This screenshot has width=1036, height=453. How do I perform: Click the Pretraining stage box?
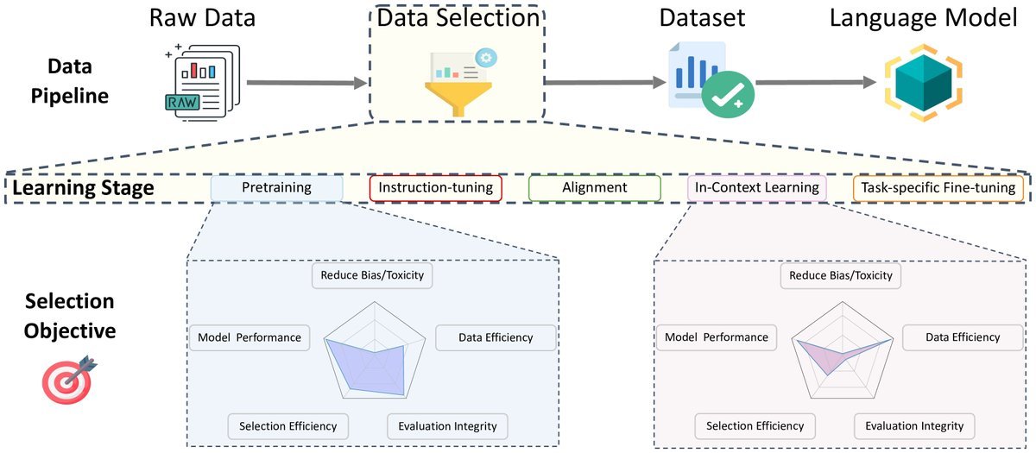tap(276, 188)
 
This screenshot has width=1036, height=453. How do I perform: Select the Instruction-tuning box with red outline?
tap(436, 188)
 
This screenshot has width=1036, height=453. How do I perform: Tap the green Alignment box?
tap(595, 188)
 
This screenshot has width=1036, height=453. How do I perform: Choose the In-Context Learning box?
tap(756, 188)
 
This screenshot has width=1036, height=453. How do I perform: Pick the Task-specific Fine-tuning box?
tap(938, 189)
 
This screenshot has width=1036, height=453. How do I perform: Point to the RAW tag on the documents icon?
tap(182, 102)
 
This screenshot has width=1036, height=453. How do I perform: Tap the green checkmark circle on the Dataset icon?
tap(728, 94)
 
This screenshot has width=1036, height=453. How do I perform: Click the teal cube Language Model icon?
tap(924, 83)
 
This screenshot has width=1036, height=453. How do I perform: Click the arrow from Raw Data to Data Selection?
tap(306, 83)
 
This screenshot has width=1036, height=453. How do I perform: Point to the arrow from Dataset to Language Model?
tap(816, 83)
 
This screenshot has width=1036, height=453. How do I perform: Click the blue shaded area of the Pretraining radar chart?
tap(370, 370)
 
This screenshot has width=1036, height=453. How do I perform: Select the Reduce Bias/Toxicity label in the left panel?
tap(372, 275)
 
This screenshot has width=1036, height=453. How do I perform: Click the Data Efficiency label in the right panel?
tap(963, 337)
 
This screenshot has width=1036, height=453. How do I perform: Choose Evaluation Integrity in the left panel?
tap(447, 426)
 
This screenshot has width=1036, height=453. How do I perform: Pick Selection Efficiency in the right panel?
tap(755, 425)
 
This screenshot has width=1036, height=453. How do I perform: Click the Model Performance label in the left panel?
tap(250, 337)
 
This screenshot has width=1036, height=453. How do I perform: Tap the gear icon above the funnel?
tap(485, 58)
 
